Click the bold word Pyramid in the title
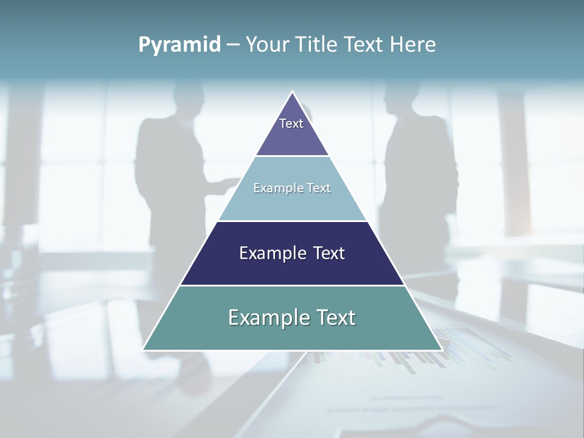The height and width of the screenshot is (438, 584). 179,44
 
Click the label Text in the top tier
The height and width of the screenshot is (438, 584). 291,123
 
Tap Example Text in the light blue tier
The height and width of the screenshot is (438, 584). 292,188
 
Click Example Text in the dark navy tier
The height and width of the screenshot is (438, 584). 292,253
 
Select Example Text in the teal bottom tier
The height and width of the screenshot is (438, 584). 292,318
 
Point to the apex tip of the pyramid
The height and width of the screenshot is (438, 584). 293,92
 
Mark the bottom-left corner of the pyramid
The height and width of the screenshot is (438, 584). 144,349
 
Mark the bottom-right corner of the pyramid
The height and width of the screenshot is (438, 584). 441,349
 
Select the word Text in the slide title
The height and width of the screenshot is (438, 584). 363,44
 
